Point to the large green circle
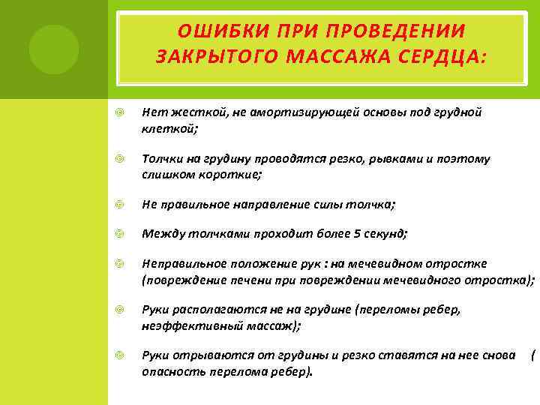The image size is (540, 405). pyautogui.click(x=53, y=49)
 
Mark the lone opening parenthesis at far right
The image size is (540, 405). pyautogui.click(x=532, y=354)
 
